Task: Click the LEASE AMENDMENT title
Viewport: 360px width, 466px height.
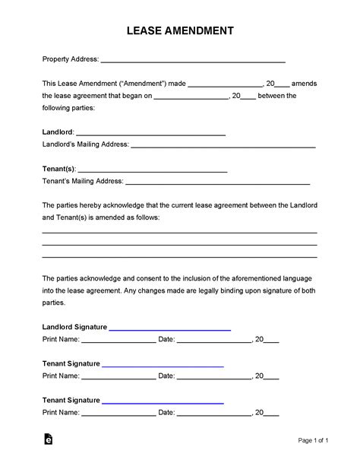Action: [x=180, y=31]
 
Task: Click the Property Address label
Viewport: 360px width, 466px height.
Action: [x=70, y=59]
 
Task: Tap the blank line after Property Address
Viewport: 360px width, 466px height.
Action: [x=193, y=60]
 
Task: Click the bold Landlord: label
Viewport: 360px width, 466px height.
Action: [x=58, y=131]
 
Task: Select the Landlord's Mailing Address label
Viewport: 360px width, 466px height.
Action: [x=85, y=144]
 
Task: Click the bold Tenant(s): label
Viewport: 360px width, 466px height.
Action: [x=59, y=168]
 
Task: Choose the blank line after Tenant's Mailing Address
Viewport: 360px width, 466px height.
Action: [x=217, y=182]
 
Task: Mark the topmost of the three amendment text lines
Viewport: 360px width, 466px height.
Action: [x=179, y=233]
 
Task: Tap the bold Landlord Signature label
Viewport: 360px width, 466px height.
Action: [x=75, y=327]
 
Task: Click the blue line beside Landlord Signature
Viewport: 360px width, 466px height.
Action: [x=170, y=329]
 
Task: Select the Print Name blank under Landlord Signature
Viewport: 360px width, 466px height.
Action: [x=118, y=341]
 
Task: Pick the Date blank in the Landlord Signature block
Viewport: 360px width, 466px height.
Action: [x=215, y=341]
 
